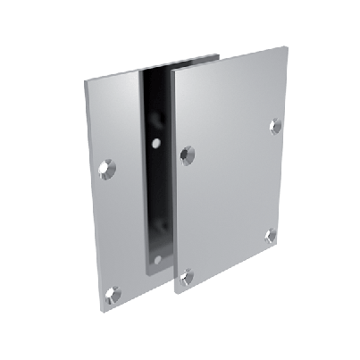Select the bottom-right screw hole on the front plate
270,237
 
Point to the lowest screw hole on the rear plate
113,289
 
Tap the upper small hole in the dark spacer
156,142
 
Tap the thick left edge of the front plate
170,179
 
